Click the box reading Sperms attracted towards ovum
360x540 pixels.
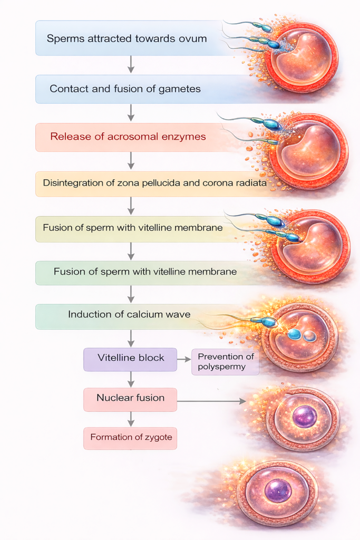[127, 38]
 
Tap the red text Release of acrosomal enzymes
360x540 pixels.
[128, 137]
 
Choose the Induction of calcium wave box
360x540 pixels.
[129, 315]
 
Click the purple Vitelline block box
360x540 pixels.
[131, 358]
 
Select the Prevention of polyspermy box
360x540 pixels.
[225, 362]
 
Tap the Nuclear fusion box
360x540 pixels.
[130, 398]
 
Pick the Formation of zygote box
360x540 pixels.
[130, 437]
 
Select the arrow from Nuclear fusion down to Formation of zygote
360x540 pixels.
[131, 419]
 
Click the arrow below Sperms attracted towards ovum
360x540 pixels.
[131, 64]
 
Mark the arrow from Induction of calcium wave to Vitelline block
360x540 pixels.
[131, 338]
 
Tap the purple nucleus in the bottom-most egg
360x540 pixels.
[278, 490]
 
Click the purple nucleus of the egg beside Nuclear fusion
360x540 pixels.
[305, 417]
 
